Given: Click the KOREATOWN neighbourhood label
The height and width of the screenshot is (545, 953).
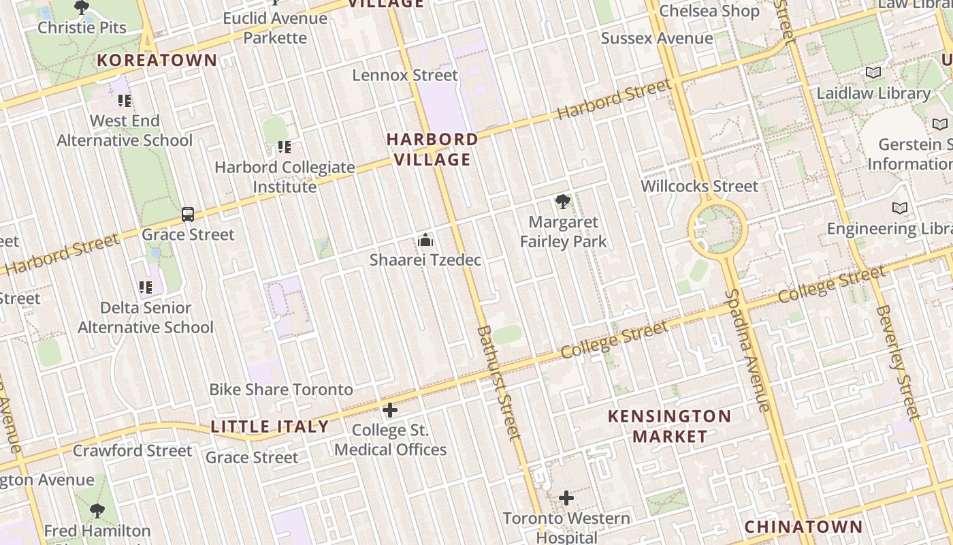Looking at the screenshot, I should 157,60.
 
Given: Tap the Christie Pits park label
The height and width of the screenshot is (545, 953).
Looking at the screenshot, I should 82,28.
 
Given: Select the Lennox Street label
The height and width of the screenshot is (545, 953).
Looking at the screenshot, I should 405,75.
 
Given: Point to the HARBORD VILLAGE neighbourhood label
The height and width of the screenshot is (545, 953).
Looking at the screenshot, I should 432,149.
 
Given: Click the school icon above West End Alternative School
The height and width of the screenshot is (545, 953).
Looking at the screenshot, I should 125,101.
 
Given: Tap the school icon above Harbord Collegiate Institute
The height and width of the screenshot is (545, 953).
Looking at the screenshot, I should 285,146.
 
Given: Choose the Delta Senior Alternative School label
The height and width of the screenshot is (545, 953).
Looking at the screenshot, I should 146,317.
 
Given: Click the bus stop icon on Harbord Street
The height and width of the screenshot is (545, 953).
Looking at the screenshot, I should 188,215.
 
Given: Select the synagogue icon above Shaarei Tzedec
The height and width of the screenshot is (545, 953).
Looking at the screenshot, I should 425,240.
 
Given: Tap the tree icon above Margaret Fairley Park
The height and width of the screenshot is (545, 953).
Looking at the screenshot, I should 562,202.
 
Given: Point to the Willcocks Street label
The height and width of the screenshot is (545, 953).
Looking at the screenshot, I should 699,186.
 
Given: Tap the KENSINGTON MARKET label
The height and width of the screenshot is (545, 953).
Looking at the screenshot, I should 670,426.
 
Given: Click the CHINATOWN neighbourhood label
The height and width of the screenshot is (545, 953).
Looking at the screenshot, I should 803,527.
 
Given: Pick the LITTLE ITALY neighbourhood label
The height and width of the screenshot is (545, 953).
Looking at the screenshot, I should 270,427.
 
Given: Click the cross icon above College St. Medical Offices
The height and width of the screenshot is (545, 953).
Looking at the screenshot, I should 390,410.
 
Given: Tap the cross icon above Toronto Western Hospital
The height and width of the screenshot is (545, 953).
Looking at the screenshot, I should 566,499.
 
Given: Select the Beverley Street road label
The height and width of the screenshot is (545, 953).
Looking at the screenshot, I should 898,362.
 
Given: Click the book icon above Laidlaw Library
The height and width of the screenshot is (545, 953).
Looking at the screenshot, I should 873,72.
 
